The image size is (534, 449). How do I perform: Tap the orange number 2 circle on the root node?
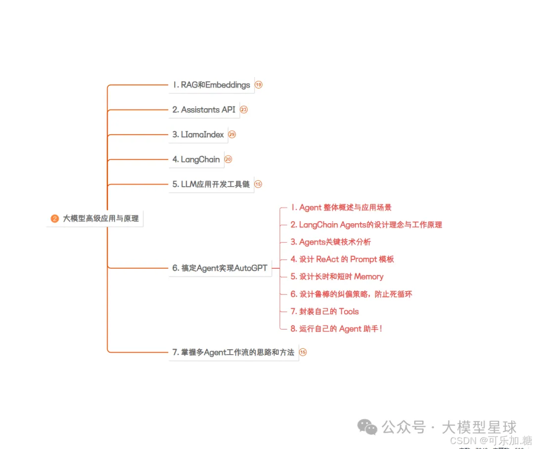point(55,218)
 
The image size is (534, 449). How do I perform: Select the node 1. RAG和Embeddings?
point(211,85)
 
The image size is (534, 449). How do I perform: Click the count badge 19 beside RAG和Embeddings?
point(259,85)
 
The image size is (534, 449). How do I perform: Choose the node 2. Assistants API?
point(204,110)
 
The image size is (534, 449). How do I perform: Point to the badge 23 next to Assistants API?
point(244,110)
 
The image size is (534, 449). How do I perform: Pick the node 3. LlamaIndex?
point(198,134)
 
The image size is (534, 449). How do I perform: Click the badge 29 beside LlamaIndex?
point(232,134)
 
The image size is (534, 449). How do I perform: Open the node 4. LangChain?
point(196,160)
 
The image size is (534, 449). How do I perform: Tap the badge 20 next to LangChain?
point(228,160)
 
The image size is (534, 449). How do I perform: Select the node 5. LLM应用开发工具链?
point(211,184)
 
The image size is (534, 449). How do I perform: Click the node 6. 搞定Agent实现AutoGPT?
point(220,268)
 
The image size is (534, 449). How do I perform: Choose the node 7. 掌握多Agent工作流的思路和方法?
point(233,352)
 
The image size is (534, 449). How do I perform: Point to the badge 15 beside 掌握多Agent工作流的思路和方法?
point(303,352)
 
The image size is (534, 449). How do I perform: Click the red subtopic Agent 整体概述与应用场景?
point(341,207)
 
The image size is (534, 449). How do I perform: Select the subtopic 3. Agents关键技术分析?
point(331,242)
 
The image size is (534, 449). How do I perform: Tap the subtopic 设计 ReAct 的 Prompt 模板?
point(342,259)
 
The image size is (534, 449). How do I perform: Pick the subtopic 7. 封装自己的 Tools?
point(325,311)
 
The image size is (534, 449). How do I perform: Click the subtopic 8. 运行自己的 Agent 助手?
point(336,328)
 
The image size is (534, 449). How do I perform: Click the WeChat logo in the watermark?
point(367,427)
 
